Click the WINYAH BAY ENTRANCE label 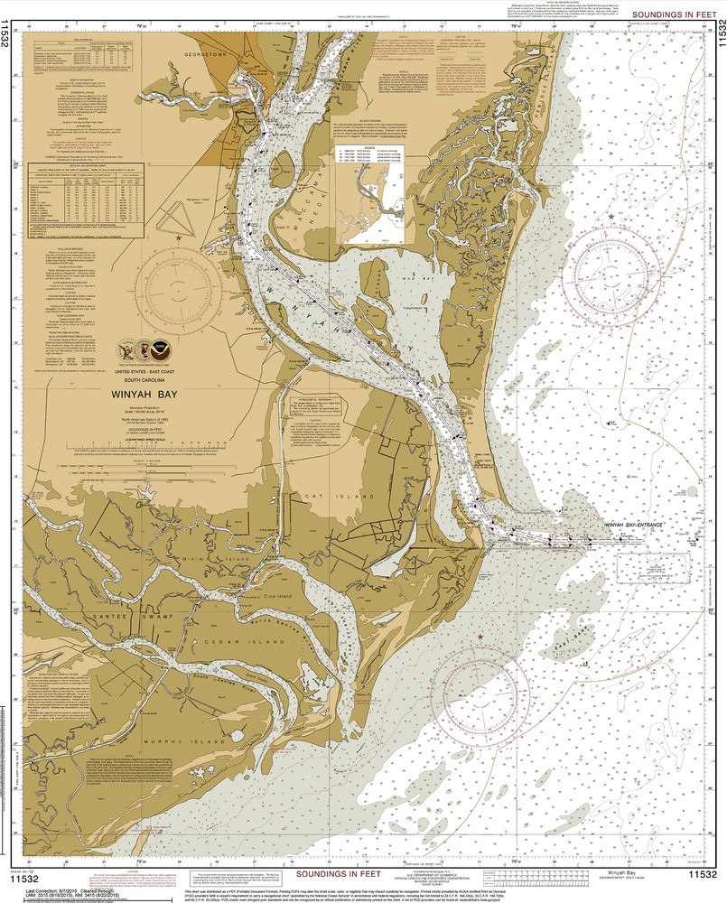[x=628, y=525]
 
